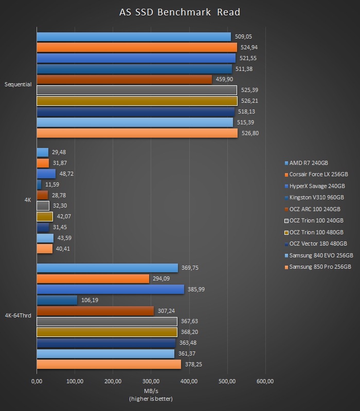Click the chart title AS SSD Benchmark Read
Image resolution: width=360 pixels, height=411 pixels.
[x=179, y=12]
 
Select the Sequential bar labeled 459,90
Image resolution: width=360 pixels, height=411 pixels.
[x=124, y=79]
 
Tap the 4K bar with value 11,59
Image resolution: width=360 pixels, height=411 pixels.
[x=39, y=184]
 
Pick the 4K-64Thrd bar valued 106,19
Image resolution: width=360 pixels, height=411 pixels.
[x=57, y=300]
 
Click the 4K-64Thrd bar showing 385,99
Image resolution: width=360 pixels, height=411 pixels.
[x=110, y=289]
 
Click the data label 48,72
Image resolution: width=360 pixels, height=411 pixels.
[x=66, y=174]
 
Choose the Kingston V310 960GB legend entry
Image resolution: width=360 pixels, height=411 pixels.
[x=316, y=197]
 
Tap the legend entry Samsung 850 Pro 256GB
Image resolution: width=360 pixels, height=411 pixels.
[x=320, y=267]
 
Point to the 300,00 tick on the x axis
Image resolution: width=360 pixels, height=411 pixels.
[x=151, y=381]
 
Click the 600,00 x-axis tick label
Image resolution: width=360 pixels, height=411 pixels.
[x=265, y=381]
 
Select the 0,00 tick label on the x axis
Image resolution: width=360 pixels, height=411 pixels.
[x=37, y=381]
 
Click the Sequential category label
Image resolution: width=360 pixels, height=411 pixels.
[x=18, y=84]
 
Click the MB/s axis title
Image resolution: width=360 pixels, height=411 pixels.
[x=151, y=391]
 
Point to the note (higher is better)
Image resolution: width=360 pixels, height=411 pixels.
[x=151, y=399]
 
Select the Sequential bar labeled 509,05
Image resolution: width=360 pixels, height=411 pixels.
[x=134, y=36]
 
